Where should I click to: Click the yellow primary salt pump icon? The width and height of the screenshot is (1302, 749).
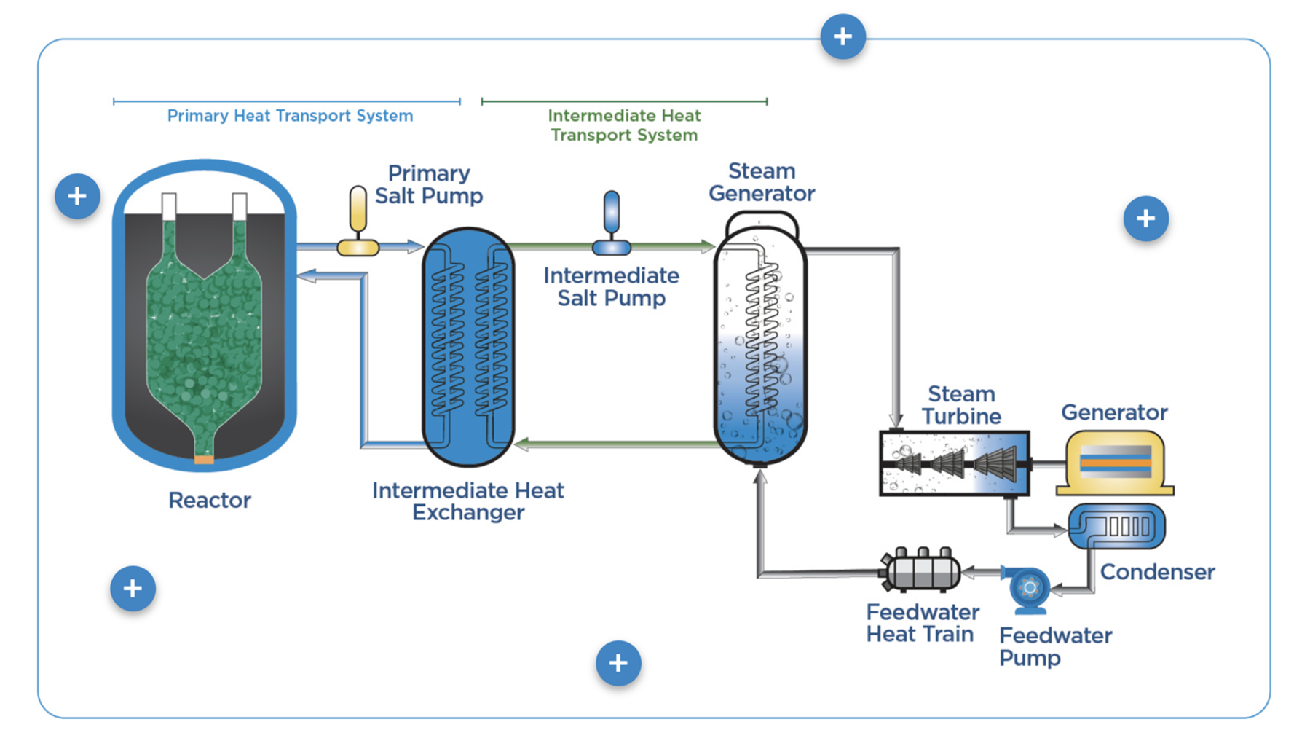pos(358,221)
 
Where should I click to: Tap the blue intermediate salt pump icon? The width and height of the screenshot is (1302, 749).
pos(612,223)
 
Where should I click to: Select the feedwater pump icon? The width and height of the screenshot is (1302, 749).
pos(1028,589)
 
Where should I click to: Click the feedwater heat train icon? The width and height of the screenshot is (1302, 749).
pos(920,569)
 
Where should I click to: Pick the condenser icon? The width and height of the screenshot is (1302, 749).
pos(1116,526)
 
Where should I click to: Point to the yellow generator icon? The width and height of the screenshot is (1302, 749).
pos(1115,463)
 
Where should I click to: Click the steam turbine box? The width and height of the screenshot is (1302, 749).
pos(955,463)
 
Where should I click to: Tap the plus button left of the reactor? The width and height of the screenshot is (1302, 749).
pos(77,196)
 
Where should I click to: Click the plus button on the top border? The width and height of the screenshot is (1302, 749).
pos(843,36)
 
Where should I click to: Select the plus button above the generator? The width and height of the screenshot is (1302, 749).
pos(1145,218)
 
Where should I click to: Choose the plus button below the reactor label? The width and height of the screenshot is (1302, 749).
pos(133,588)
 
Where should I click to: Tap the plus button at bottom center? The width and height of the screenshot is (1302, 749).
pos(618,663)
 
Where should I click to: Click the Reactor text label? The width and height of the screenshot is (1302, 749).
pos(210,501)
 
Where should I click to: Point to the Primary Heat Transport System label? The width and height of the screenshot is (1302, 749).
pos(290,116)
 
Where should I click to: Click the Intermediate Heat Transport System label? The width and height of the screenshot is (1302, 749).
pos(624,125)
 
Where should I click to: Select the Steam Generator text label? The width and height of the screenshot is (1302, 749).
pos(762,182)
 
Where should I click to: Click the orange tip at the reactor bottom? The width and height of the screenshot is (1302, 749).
pos(204,460)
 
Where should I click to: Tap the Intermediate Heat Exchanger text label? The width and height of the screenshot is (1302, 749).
pos(468,501)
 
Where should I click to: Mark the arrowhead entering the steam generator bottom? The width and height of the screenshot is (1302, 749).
pos(760,477)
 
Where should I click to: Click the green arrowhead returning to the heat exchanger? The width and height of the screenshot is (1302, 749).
pos(522,443)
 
